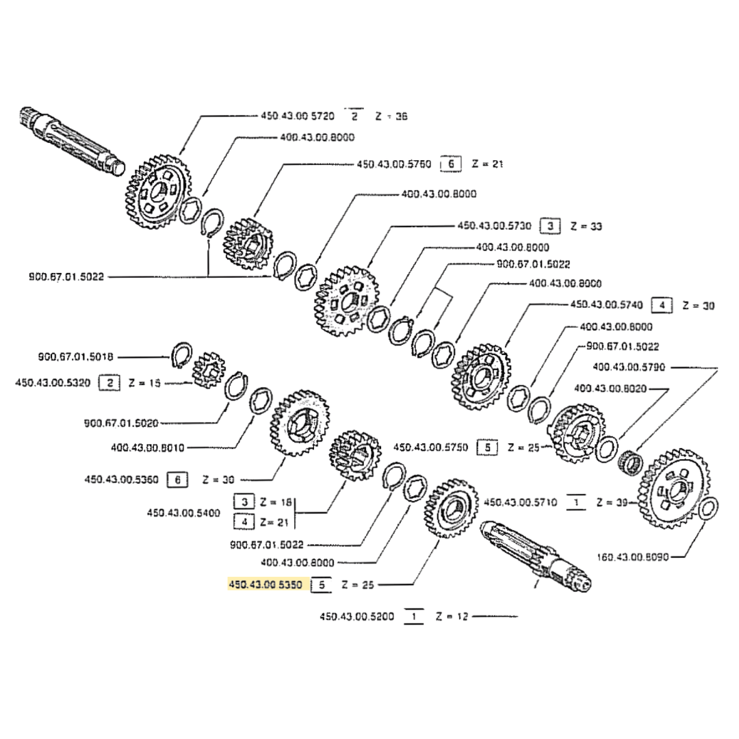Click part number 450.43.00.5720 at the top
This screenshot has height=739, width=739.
tap(298, 116)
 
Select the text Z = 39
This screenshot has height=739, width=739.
tap(612, 502)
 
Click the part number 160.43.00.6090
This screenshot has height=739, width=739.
tap(632, 557)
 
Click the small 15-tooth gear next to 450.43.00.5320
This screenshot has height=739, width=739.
tap(208, 371)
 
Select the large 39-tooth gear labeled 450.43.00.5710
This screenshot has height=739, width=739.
tap(674, 489)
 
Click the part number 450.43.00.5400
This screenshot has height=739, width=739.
tap(183, 512)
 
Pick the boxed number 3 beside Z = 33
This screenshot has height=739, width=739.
tap(549, 225)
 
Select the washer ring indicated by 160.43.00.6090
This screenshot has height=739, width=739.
tap(709, 509)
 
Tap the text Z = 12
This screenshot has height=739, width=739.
tap(451, 617)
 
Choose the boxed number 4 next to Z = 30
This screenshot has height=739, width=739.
tap(662, 305)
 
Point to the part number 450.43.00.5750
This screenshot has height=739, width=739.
tap(430, 448)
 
